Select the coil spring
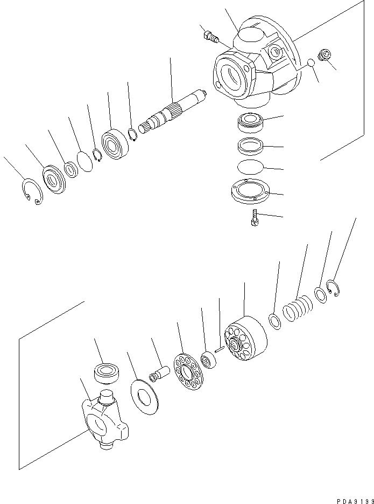click(298, 308)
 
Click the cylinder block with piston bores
click(246, 338)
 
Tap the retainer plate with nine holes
click(188, 371)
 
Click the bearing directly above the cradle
click(107, 373)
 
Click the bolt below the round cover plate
click(255, 218)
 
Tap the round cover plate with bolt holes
click(251, 191)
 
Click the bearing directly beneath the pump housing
click(251, 122)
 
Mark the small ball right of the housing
click(311, 63)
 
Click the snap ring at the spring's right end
click(334, 288)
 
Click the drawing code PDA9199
click(355, 501)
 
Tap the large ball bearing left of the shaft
click(115, 144)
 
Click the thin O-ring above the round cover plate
click(250, 167)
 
